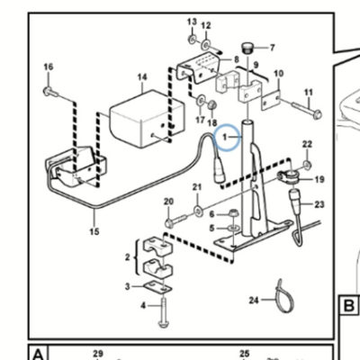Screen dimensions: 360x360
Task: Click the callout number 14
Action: pyautogui.click(x=142, y=77)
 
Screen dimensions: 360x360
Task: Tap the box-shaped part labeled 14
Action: pyautogui.click(x=147, y=119)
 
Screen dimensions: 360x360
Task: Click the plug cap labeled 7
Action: pyautogui.click(x=247, y=49)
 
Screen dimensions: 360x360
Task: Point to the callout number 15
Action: pyautogui.click(x=94, y=231)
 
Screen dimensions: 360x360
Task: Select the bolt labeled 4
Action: pyautogui.click(x=164, y=310)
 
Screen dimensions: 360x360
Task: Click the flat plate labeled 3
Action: pyautogui.click(x=157, y=287)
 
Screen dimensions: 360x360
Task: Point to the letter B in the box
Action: pyautogui.click(x=349, y=306)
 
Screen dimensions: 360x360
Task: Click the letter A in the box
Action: pyautogui.click(x=38, y=355)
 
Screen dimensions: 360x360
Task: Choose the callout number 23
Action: pyautogui.click(x=319, y=204)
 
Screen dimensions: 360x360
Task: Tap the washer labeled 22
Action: pyautogui.click(x=307, y=165)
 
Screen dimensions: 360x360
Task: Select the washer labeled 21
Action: pyautogui.click(x=198, y=211)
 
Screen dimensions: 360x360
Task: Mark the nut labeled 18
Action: pyautogui.click(x=211, y=104)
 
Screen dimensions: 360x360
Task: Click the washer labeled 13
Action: pyautogui.click(x=192, y=39)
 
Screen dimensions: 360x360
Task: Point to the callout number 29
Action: pyautogui.click(x=98, y=354)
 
